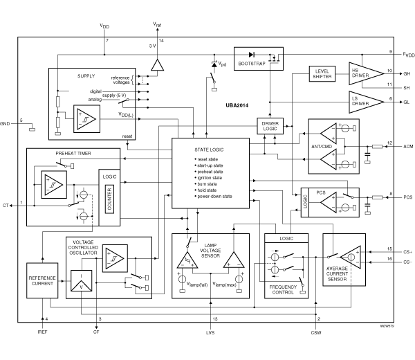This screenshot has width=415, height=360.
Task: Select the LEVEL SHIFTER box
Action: coord(322,75)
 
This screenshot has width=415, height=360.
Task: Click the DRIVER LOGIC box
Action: coord(269,126)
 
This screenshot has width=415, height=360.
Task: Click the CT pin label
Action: coord(6,205)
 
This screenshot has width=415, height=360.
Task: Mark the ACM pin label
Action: coord(407,146)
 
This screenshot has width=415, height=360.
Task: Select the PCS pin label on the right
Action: coord(407,197)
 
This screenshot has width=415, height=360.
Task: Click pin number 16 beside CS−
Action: coord(389,259)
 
